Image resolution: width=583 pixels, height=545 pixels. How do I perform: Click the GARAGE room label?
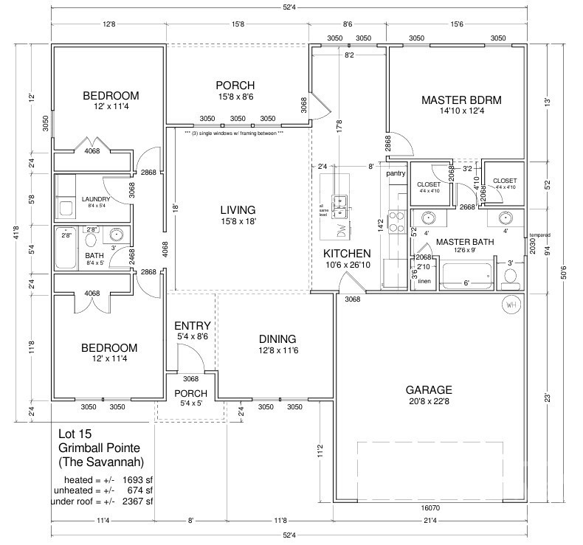[429, 389]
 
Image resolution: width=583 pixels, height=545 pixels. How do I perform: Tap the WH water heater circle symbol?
[511, 303]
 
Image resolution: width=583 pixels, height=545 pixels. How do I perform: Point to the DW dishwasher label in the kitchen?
[341, 230]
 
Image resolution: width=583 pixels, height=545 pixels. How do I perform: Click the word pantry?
[396, 173]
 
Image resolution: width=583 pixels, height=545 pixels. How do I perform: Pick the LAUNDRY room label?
[96, 199]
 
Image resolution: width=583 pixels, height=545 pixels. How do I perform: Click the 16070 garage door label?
[430, 509]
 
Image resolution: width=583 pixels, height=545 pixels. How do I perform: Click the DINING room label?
[277, 339]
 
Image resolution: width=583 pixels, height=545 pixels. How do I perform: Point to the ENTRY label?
[193, 326]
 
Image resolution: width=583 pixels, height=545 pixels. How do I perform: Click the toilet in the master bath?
[508, 277]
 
